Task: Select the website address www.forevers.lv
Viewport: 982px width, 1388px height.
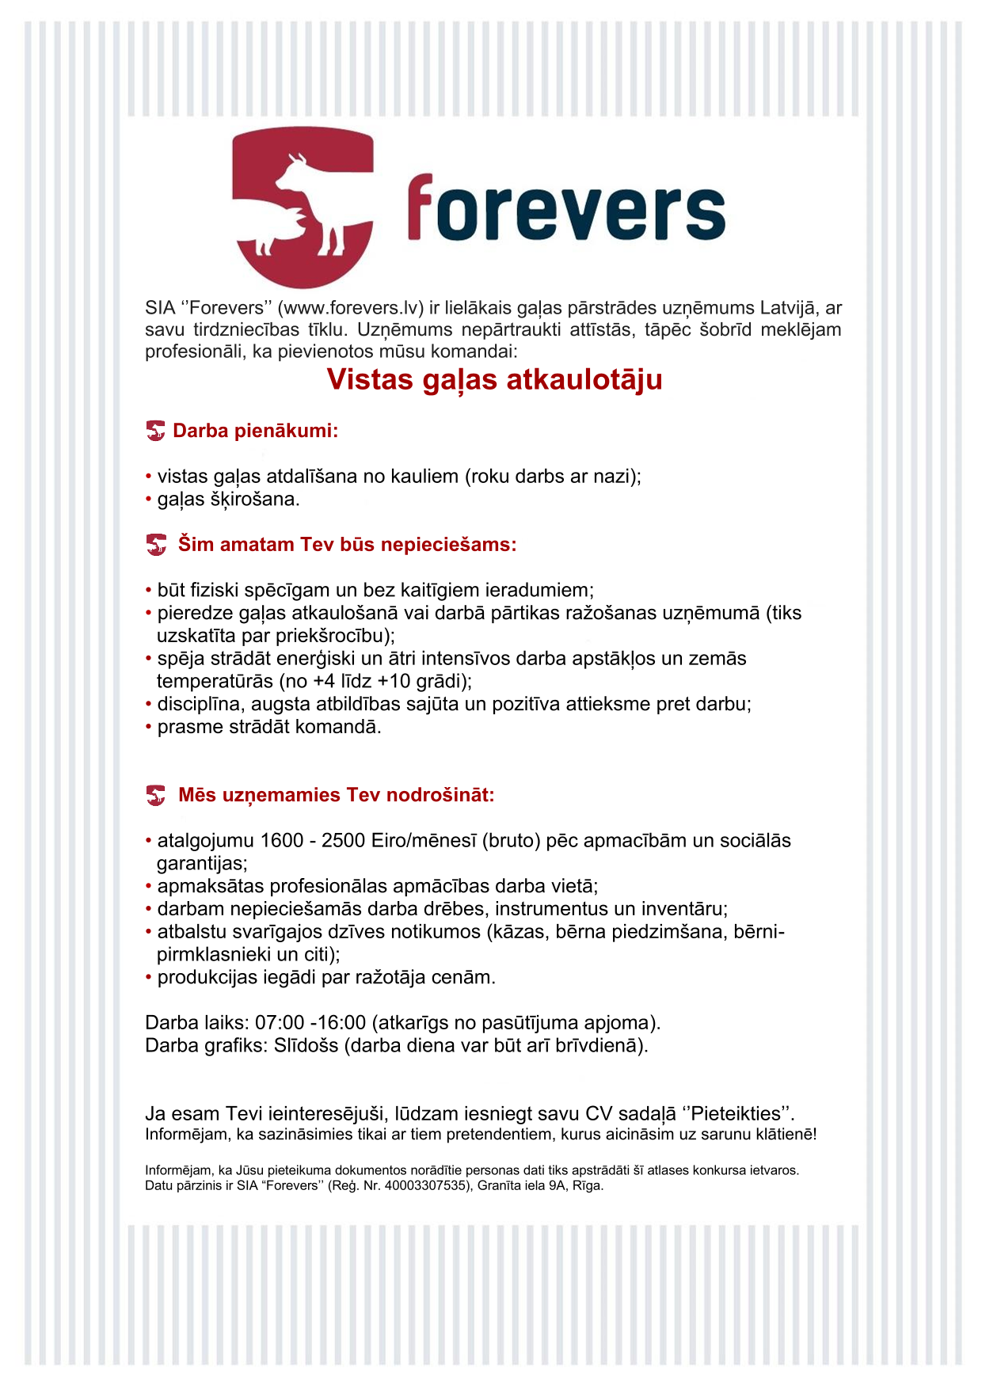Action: [352, 308]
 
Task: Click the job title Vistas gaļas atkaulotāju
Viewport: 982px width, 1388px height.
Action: [494, 380]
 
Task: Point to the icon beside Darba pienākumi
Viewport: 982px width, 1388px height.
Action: [156, 431]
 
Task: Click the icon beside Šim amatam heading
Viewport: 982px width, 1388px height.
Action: [156, 545]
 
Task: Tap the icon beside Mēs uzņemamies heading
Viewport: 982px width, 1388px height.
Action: [156, 795]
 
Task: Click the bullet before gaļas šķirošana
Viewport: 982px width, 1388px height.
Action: [149, 500]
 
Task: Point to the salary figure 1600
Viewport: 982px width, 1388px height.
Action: [282, 841]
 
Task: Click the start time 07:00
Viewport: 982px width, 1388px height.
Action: [278, 1023]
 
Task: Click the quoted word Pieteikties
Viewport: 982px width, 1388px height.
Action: [736, 1114]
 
